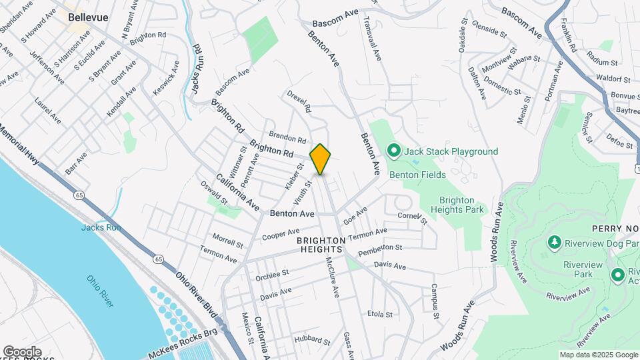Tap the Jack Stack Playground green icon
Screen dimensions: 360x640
click(x=393, y=151)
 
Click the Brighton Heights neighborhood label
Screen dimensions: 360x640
click(x=320, y=244)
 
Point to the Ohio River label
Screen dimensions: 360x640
click(x=100, y=291)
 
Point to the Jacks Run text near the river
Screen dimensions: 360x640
click(x=100, y=227)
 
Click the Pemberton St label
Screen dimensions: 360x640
click(x=380, y=251)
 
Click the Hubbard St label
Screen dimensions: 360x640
click(x=307, y=339)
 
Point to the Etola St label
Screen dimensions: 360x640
click(x=379, y=313)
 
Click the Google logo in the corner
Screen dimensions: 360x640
click(x=21, y=351)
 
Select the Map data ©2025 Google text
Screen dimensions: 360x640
click(x=598, y=355)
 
